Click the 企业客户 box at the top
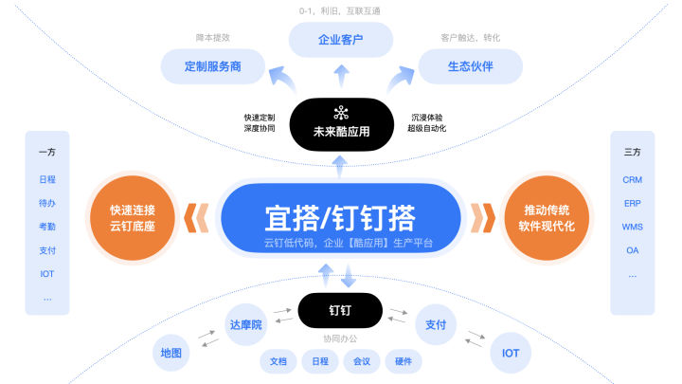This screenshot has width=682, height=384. click(x=340, y=40)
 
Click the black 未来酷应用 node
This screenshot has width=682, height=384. click(x=341, y=125)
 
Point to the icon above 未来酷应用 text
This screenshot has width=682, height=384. click(x=341, y=113)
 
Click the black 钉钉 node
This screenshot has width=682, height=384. click(x=340, y=309)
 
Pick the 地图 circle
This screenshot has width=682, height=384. click(x=171, y=353)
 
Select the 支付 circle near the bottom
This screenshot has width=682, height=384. click(x=435, y=324)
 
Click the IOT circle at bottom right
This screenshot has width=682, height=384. click(x=511, y=353)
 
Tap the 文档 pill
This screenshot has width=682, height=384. click(x=278, y=361)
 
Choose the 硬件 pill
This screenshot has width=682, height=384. click(x=403, y=361)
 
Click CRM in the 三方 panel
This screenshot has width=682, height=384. click(x=632, y=179)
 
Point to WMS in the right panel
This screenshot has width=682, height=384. click(x=632, y=227)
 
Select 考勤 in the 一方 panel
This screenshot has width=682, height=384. click(x=47, y=227)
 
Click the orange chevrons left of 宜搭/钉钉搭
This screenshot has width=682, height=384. click(x=196, y=218)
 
